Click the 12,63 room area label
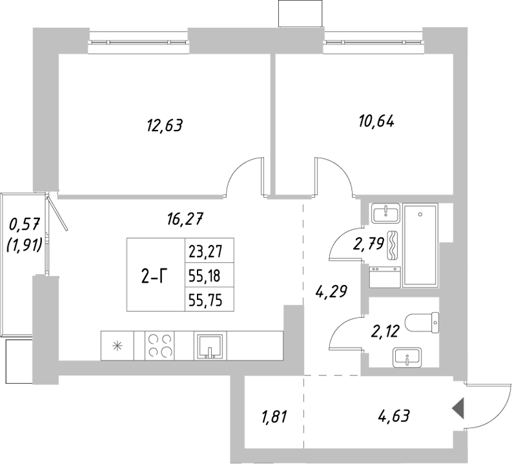(165, 124)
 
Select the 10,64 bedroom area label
(376, 120)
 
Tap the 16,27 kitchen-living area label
(185, 219)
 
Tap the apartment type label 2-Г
(155, 277)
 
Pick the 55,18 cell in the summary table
(204, 276)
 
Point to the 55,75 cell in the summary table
(204, 300)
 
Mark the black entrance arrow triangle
(458, 408)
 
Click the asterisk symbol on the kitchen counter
(117, 345)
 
